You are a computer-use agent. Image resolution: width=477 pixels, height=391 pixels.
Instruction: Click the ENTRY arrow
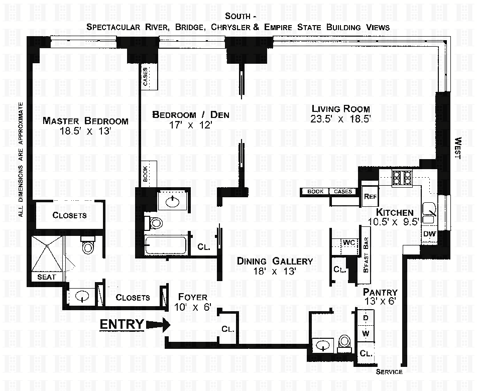pos(158,325)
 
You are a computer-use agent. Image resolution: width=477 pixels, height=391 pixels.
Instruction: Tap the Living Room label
pos(341,109)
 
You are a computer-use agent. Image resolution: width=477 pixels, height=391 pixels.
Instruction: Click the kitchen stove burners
pos(402,178)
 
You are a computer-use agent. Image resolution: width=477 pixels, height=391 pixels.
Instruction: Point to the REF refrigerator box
pos(370,196)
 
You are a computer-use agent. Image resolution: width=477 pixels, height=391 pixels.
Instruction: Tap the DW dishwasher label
pos(430,234)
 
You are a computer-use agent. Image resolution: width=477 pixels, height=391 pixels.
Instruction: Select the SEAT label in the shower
pos(47,277)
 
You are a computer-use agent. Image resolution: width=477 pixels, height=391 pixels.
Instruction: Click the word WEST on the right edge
pos(458,148)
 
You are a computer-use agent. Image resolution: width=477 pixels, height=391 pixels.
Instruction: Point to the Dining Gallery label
pos(275,261)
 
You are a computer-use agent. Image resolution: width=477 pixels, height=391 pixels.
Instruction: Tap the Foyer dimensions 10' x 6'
pos(193,307)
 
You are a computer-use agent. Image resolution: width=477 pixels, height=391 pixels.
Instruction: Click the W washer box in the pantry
pos(366,334)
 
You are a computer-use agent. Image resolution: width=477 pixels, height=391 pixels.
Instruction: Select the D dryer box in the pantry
pos(366,318)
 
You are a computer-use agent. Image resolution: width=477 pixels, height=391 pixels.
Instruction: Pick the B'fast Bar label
pos(366,255)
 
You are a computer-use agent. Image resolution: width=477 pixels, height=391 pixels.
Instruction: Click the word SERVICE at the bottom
pos(389,372)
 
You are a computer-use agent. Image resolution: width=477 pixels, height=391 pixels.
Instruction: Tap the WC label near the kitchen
pos(349,242)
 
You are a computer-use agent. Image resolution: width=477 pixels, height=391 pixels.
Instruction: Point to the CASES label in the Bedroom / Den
pos(146,77)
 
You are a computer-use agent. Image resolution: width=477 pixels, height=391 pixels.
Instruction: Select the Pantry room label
pos(380,292)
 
